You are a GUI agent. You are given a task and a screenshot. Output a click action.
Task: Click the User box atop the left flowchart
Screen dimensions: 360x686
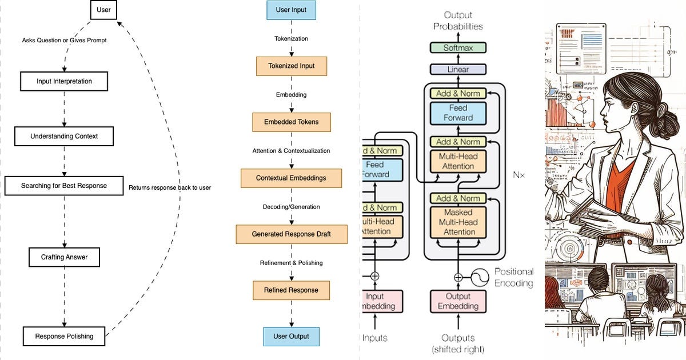[x=104, y=10]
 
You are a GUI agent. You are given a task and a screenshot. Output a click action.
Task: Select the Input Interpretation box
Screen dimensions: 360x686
[x=64, y=81]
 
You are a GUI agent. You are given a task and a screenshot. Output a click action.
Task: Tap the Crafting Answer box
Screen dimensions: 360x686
[x=64, y=257]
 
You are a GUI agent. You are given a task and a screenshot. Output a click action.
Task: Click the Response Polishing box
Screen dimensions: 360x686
[x=64, y=336]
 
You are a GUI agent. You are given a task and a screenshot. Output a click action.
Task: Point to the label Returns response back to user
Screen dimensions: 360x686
[x=170, y=187]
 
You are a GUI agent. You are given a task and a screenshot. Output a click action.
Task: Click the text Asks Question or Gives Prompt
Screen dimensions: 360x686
[x=65, y=41]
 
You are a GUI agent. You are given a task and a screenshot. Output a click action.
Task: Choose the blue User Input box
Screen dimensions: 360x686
[x=291, y=10]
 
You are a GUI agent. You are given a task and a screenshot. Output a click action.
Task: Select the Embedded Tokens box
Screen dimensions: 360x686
[x=291, y=122]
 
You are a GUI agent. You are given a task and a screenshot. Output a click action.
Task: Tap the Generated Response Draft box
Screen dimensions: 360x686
[x=291, y=234]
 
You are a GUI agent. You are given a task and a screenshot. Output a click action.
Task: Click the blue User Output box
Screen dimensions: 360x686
[x=291, y=336]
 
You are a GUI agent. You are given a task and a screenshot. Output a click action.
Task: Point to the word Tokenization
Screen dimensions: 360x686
[x=291, y=38]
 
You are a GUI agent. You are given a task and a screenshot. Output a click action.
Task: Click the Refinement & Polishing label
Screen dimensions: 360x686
[x=291, y=263]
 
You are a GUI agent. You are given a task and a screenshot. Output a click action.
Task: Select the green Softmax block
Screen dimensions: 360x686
[x=458, y=48]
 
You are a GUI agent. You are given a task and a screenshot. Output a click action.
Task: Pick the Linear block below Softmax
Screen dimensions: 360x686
[x=458, y=69]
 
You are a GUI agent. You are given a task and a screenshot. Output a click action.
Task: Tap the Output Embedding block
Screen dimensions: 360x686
[x=458, y=301]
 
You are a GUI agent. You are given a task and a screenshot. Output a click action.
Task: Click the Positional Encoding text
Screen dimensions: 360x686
[x=513, y=277]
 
